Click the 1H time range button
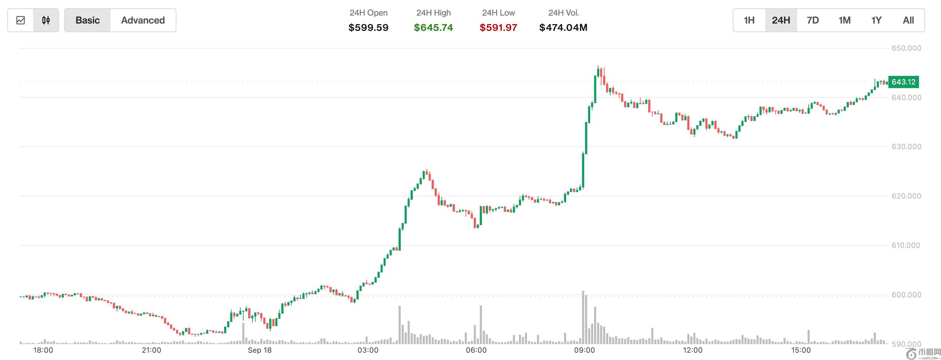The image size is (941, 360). (749, 21)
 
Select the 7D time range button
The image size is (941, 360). (813, 21)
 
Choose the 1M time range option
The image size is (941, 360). (845, 21)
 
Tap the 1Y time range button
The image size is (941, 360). (876, 21)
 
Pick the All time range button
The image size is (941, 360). (908, 21)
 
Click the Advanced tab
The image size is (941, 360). (143, 21)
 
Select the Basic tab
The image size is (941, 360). (88, 21)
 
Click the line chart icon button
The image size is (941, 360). (21, 21)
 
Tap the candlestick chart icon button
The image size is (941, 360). (46, 21)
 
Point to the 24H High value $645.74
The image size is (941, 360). (433, 28)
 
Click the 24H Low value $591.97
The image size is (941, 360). (498, 28)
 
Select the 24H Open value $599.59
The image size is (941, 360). (368, 28)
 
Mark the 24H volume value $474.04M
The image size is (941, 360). (563, 28)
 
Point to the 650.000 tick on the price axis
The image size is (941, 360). (906, 48)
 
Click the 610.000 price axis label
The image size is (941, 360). (906, 245)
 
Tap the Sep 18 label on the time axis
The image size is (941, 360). (260, 350)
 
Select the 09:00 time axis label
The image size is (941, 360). (584, 350)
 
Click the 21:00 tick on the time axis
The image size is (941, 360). (152, 350)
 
